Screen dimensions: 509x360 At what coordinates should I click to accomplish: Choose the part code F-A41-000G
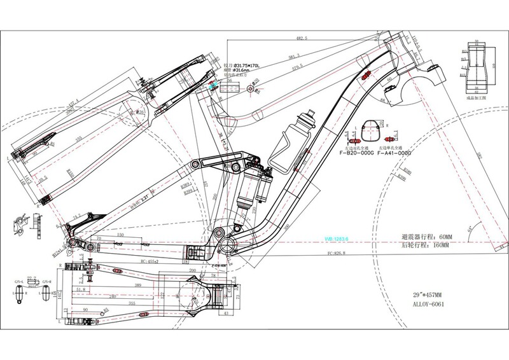pyautogui.click(x=394, y=153)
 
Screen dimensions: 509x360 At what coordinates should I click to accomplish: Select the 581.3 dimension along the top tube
pyautogui.click(x=295, y=55)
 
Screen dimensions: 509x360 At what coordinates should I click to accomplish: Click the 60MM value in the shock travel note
pyautogui.click(x=438, y=237)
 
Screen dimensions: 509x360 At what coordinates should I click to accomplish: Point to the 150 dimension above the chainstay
pyautogui.click(x=120, y=235)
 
